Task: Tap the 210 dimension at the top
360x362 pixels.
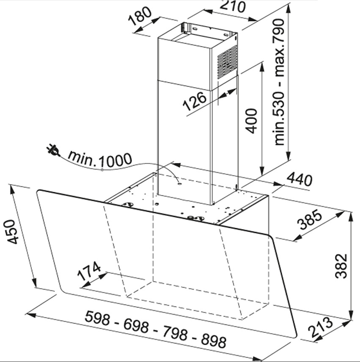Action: (x=233, y=6)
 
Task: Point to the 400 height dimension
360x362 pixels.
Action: (x=251, y=121)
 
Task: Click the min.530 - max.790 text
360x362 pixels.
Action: (x=280, y=82)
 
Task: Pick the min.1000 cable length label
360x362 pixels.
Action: (x=100, y=159)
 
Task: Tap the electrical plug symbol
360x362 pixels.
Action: (x=53, y=151)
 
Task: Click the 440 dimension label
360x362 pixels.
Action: (x=300, y=180)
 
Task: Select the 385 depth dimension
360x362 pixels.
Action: (x=309, y=220)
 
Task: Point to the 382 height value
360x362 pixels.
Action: (x=341, y=266)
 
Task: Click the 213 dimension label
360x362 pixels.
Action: (x=321, y=327)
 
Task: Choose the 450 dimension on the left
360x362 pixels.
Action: (x=11, y=232)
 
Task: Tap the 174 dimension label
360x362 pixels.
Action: (x=89, y=271)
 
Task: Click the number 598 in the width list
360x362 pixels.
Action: (x=97, y=318)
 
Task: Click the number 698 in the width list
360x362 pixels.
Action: (x=136, y=326)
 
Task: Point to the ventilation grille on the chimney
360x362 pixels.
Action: (x=228, y=62)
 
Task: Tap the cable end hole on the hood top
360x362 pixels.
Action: (x=179, y=184)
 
